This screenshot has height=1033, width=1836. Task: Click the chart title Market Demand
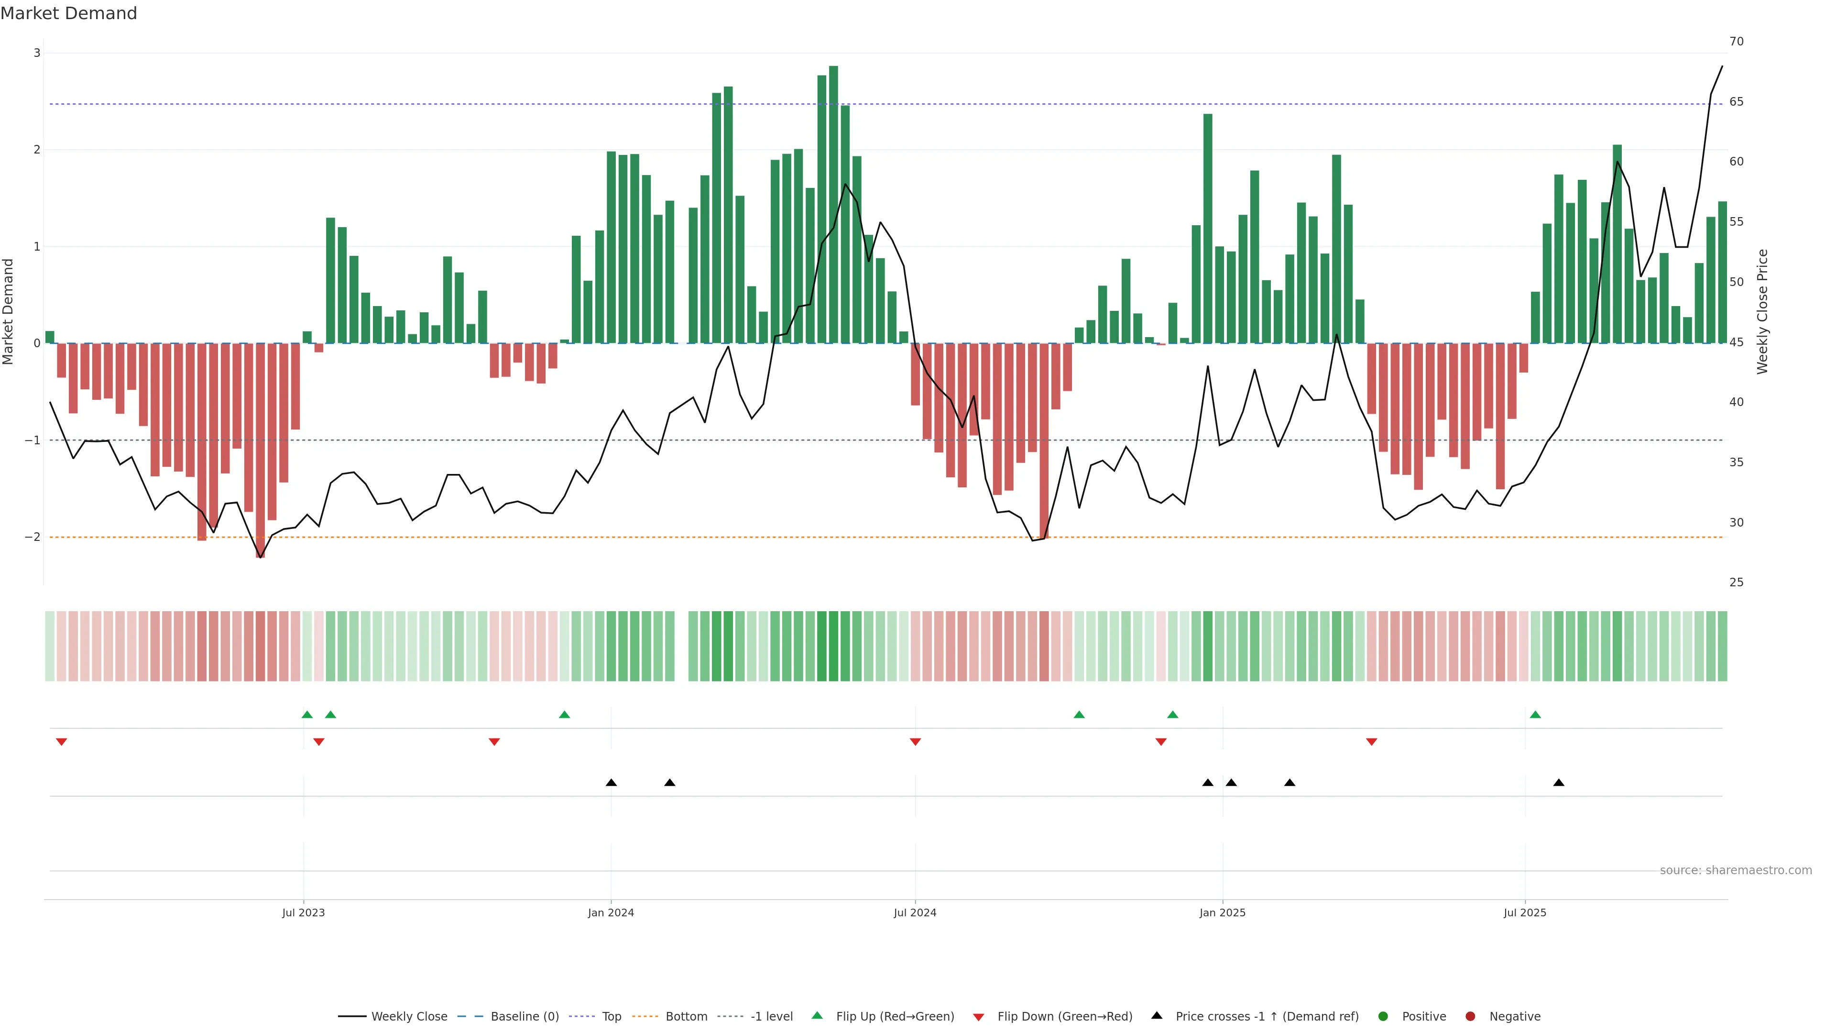click(x=68, y=13)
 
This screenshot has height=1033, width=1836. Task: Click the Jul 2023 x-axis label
click(x=303, y=912)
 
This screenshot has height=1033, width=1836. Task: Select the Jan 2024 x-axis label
click(x=611, y=912)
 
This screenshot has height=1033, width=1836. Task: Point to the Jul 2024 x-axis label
click(x=915, y=912)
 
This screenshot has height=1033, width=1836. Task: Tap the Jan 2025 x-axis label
click(x=1223, y=912)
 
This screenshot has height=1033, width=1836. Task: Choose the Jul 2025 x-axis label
click(x=1525, y=912)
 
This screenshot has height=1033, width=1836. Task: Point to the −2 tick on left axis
click(x=33, y=537)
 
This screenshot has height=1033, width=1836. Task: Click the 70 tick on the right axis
click(x=1736, y=41)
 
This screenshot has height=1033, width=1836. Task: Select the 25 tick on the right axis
click(x=1736, y=582)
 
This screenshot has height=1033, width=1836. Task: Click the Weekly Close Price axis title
click(x=1762, y=311)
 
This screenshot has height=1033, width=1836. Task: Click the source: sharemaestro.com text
click(x=1736, y=870)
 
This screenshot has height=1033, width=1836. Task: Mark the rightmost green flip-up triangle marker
click(x=1535, y=714)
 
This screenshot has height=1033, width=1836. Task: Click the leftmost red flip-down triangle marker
click(x=61, y=742)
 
